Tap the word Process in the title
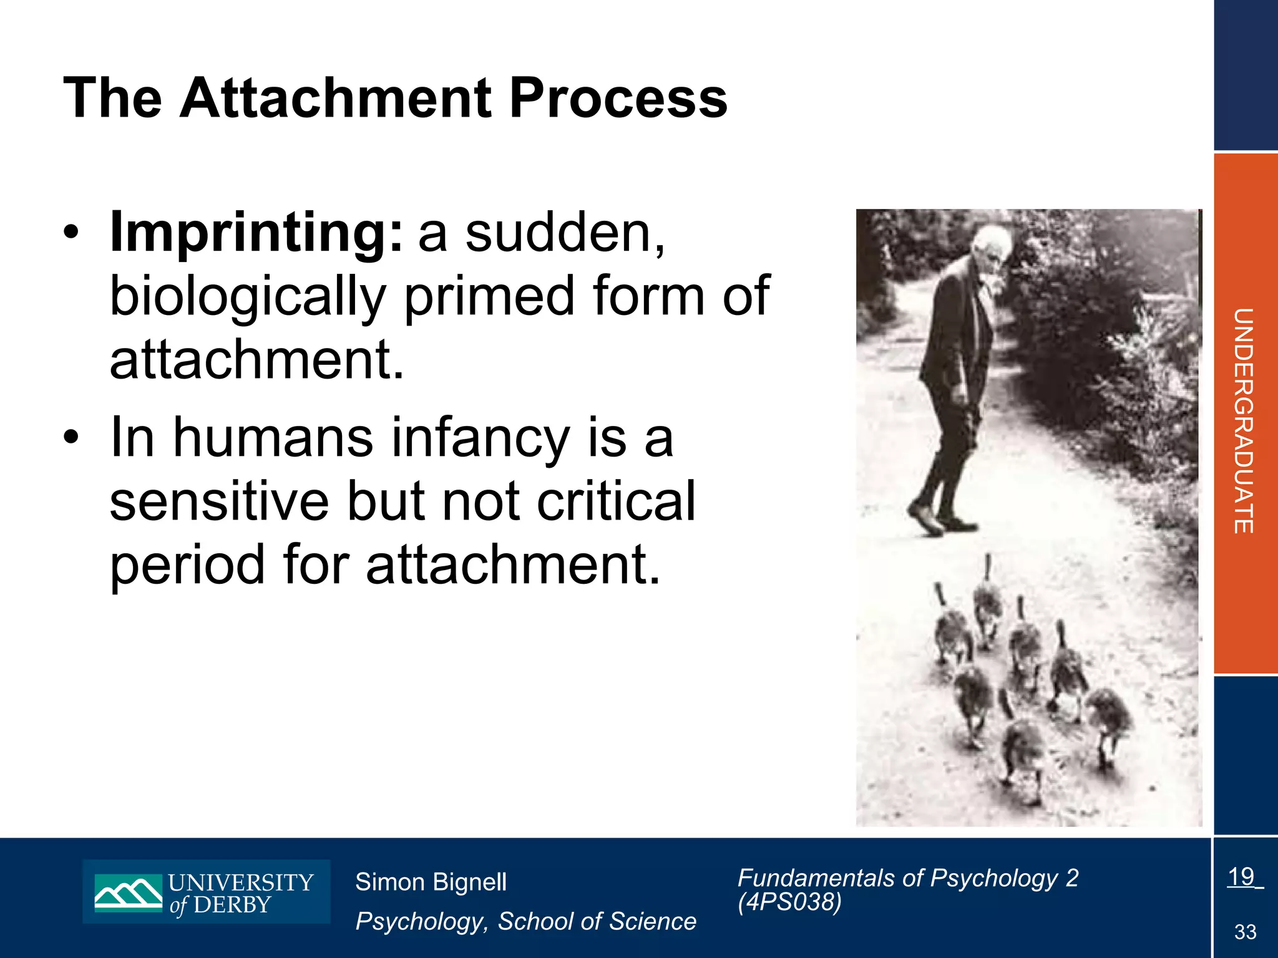pos(618,98)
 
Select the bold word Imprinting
pos(256,234)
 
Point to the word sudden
pos(565,234)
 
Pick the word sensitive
pos(219,501)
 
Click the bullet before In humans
pos(72,438)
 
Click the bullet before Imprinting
pos(72,233)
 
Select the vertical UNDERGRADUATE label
pos(1244,421)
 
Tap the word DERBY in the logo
pos(232,905)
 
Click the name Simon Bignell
pos(431,882)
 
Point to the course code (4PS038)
pos(789,902)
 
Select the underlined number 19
pos(1241,877)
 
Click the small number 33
pos(1245,932)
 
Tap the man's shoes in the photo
pos(939,521)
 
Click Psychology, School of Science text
pos(525,921)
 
